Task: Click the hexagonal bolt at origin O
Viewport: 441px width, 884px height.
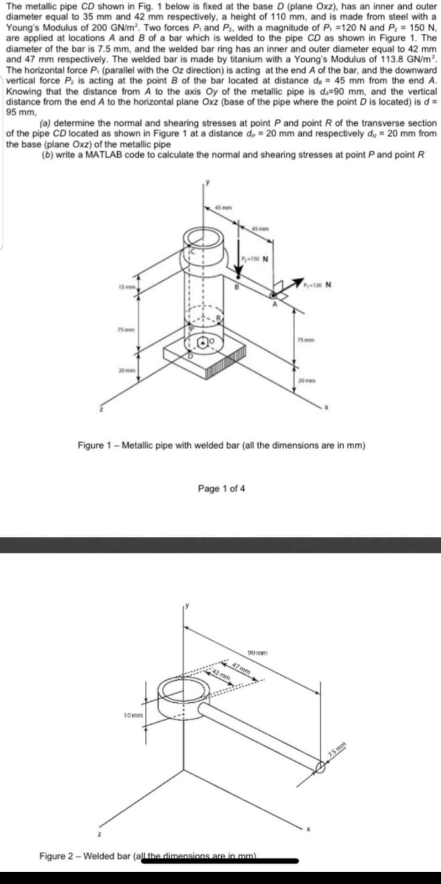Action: click(x=204, y=343)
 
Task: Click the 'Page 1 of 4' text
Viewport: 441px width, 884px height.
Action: click(x=221, y=488)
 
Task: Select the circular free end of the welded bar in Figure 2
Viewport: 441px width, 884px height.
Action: click(x=321, y=767)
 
